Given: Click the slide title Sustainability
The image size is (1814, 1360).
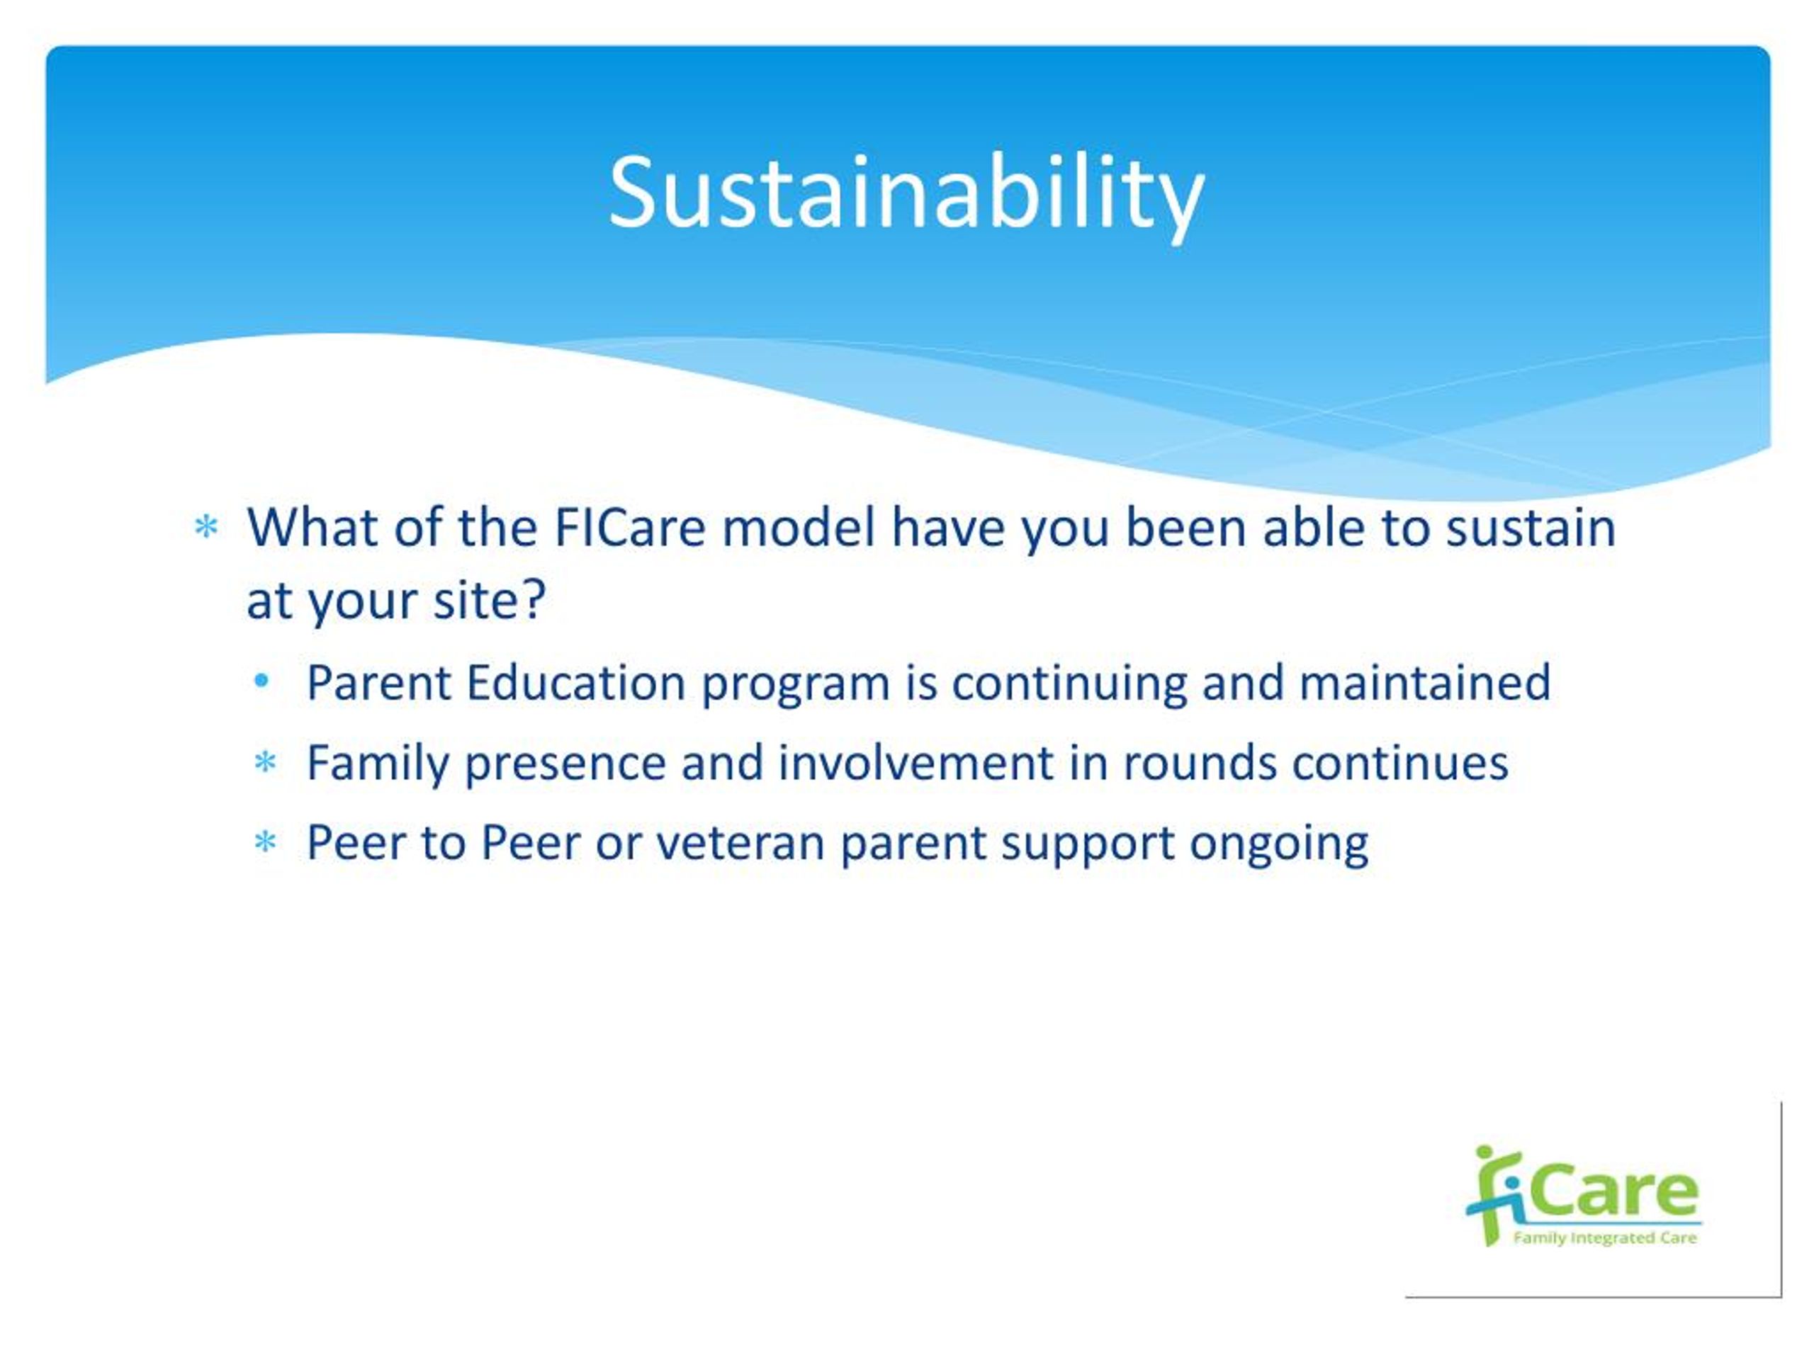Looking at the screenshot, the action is [906, 194].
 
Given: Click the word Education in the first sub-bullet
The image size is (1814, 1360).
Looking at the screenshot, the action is [575, 682].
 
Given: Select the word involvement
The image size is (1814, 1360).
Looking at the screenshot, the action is [916, 762].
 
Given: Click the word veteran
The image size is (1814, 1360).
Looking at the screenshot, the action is [740, 843].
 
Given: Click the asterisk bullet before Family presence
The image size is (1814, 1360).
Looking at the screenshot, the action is [265, 762].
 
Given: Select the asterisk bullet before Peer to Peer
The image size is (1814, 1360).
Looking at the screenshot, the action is [265, 842].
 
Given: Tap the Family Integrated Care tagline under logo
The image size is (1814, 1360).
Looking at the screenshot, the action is [1605, 1238].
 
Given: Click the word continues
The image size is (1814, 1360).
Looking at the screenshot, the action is [1401, 762].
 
